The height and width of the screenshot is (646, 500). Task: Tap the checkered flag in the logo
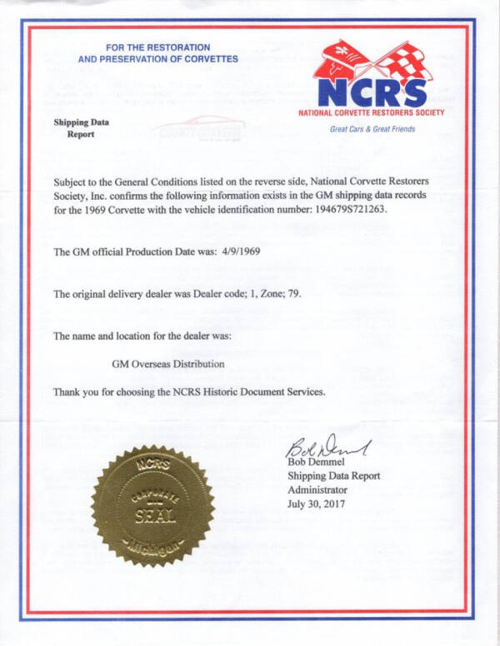404,60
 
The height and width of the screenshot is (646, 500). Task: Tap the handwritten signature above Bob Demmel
325,445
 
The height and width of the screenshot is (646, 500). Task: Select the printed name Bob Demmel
316,463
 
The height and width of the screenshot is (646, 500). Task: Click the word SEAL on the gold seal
153,515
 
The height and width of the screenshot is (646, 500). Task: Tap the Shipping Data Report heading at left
81,127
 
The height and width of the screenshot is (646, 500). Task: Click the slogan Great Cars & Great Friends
372,129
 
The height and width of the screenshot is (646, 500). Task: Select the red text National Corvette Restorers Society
371,112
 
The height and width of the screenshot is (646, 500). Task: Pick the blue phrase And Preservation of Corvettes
157,59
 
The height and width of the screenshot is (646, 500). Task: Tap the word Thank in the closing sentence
68,391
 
